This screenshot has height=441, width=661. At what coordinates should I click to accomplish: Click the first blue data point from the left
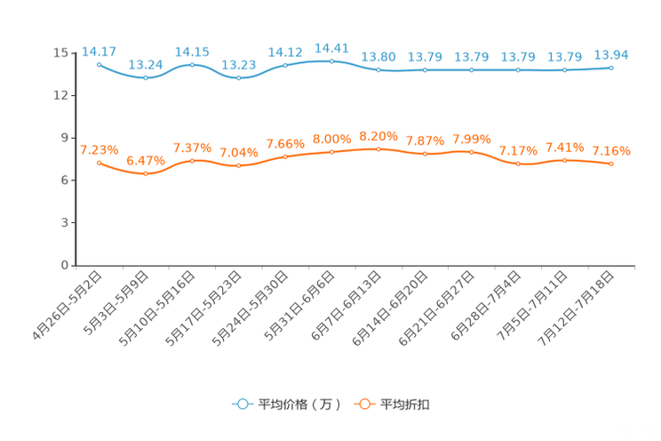[x=99, y=64]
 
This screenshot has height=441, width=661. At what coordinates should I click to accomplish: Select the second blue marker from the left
[x=146, y=78]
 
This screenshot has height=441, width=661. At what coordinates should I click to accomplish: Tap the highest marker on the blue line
[x=331, y=60]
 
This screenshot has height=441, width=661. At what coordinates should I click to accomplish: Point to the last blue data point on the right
[x=611, y=68]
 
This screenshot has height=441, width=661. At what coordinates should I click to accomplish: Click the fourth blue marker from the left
[x=238, y=78]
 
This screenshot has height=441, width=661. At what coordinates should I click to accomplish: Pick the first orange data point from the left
[x=99, y=163]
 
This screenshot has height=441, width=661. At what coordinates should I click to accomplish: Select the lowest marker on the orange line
[x=146, y=174]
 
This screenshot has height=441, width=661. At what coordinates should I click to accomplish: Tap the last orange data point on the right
[x=611, y=164]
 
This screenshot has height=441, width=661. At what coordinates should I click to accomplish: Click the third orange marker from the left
[x=192, y=160]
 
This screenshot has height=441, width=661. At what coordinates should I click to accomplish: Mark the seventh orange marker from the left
[x=378, y=149]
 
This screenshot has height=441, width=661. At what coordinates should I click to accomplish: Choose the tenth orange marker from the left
[x=518, y=164]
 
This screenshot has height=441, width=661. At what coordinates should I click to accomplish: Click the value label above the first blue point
[x=99, y=51]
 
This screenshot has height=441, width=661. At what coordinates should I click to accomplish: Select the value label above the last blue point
[x=611, y=54]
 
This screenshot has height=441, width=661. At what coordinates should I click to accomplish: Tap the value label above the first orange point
[x=99, y=148]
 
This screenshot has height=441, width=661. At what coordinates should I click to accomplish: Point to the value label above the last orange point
[x=611, y=150]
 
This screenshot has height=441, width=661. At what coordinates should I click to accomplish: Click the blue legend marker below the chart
[x=243, y=404]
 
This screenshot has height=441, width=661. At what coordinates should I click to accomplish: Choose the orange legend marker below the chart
[x=364, y=404]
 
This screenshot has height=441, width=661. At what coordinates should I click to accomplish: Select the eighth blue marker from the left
[x=425, y=69]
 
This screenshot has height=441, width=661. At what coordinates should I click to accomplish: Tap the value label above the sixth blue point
[x=331, y=47]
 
